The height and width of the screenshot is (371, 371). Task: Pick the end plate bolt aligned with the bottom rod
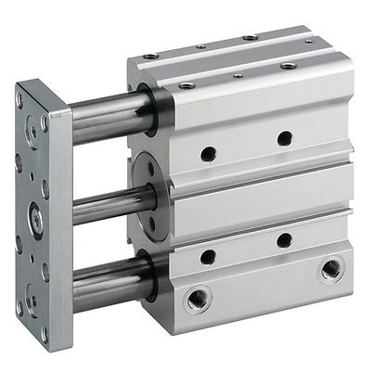point(32,300)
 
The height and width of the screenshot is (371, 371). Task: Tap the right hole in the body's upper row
point(284,138)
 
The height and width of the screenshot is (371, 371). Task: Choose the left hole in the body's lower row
point(208,257)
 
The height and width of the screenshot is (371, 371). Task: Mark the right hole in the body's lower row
point(284,241)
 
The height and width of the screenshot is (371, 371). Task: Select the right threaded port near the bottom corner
point(331,270)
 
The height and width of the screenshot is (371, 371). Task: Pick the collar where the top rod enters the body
point(150,109)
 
